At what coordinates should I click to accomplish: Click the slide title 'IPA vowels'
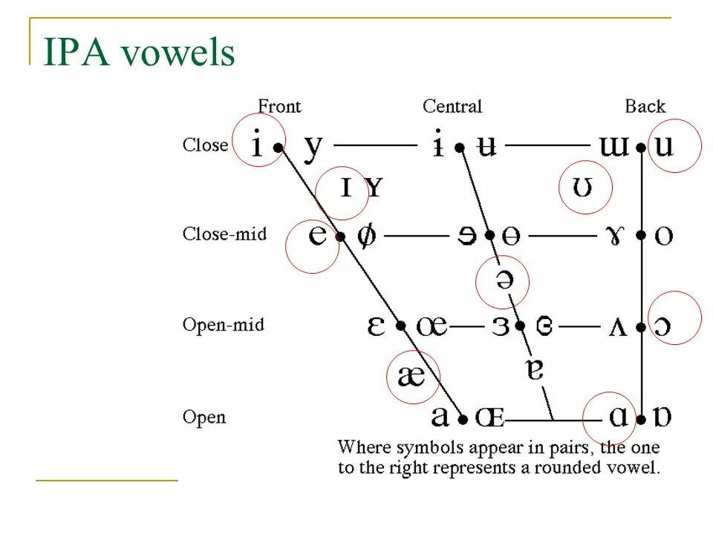point(140,53)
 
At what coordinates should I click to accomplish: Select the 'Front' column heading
point(279,107)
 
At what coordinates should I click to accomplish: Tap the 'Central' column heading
point(452,107)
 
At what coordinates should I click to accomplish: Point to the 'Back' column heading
point(645,107)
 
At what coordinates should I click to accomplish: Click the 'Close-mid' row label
point(224,234)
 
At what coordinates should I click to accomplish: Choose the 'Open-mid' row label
point(224,325)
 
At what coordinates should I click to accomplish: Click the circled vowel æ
point(411,377)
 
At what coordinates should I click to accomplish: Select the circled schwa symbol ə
point(503,280)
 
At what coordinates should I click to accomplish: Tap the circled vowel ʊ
point(584,188)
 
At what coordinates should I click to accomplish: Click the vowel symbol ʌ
point(618,326)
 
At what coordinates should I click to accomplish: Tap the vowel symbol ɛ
point(377,326)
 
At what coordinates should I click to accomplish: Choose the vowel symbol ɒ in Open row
point(662,417)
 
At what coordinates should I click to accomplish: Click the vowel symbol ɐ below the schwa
point(535,369)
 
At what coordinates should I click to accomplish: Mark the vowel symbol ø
point(366,237)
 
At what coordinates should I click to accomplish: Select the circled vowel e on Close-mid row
point(317,236)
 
